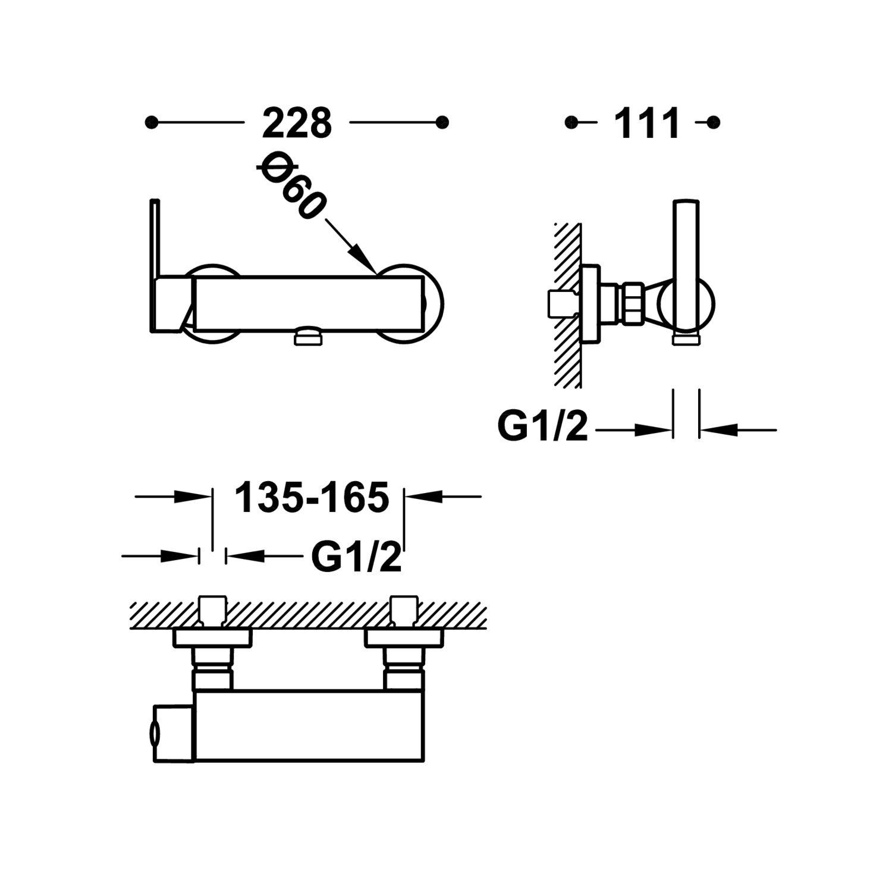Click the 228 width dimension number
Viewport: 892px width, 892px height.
(297, 123)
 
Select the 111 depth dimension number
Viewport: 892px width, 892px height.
(646, 123)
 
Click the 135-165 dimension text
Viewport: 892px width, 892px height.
(312, 497)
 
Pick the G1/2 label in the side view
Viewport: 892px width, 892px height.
(542, 426)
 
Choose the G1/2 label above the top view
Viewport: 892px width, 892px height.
(356, 557)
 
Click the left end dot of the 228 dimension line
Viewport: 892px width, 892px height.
(152, 123)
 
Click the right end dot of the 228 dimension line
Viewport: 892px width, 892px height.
(442, 123)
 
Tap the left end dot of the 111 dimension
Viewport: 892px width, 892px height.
(571, 123)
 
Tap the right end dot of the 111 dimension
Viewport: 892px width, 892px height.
(714, 123)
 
